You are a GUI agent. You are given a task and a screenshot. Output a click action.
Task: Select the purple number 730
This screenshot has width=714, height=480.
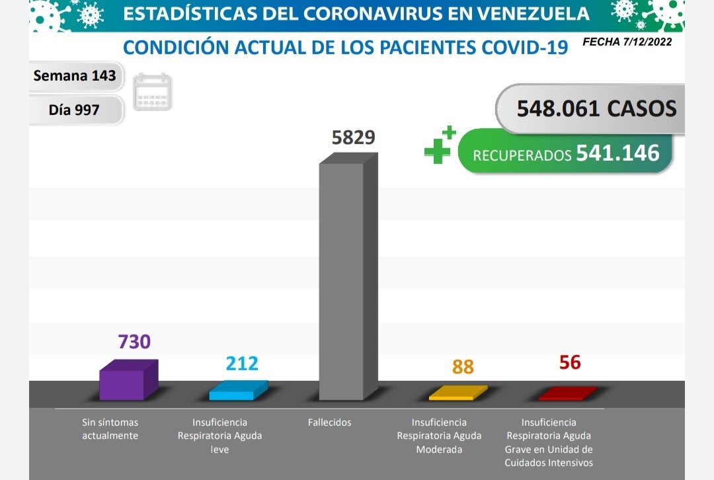(x=134, y=342)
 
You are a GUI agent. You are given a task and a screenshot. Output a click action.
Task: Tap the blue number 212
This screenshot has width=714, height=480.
(x=241, y=364)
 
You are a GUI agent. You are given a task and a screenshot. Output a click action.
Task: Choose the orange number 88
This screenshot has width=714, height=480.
(x=463, y=367)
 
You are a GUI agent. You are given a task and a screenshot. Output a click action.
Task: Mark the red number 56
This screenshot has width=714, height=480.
(x=569, y=362)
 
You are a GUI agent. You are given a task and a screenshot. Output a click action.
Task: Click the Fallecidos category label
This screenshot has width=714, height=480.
(x=329, y=422)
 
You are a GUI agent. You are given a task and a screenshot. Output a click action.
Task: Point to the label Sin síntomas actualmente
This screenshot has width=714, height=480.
(x=110, y=429)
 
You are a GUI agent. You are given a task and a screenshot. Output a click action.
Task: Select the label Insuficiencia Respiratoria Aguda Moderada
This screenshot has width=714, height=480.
(x=439, y=436)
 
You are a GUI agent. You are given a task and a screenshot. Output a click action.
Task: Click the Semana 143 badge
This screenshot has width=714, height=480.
(x=75, y=76)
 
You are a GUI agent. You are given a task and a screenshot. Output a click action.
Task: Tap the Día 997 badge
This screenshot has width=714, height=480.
(x=74, y=110)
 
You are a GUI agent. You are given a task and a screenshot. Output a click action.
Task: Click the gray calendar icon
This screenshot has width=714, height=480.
(x=153, y=92)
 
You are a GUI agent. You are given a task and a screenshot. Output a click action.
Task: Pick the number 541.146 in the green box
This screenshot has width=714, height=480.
(x=617, y=153)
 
